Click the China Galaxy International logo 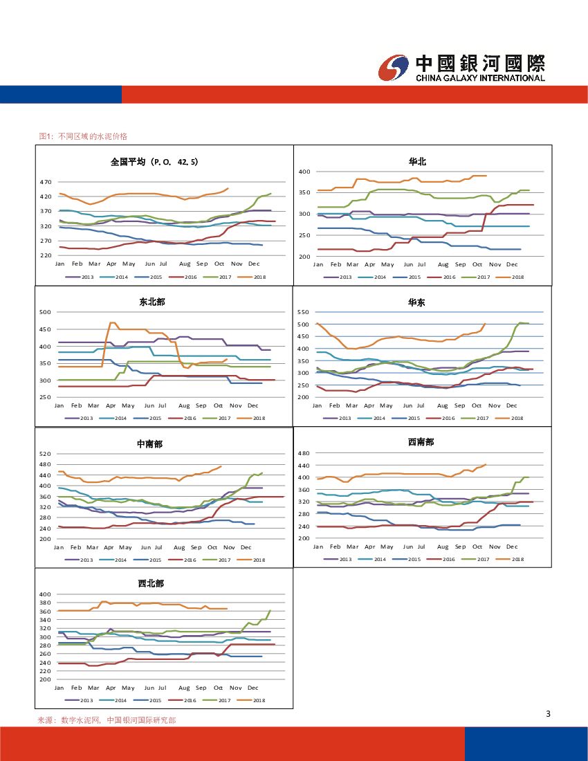pos(461,68)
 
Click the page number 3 pos(548,714)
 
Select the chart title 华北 pos(417,161)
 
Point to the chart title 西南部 pos(421,441)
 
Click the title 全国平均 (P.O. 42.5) pos(154,162)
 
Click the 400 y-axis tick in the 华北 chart pos(304,171)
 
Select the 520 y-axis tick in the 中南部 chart pos(46,454)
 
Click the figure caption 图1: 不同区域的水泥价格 pos(83,136)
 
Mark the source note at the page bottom pos(107,720)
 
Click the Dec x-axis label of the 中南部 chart pos(246,547)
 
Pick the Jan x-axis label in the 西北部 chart pos(59,688)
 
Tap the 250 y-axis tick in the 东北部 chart pos(46,398)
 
